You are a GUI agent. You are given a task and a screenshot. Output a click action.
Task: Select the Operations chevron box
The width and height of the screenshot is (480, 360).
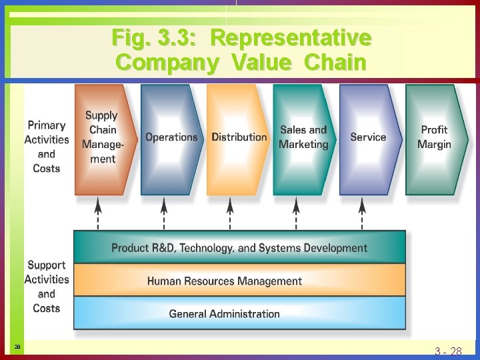[171, 138]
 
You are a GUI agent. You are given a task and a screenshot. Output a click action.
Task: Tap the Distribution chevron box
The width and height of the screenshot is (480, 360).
[238, 138]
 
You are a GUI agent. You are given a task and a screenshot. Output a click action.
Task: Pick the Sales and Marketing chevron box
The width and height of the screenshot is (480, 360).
[303, 138]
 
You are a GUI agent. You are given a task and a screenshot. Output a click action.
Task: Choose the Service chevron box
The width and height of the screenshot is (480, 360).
[368, 138]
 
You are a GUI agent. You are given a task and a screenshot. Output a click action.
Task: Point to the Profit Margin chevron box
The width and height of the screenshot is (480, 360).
[435, 138]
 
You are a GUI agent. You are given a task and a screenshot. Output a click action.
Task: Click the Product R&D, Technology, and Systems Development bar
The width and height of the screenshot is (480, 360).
[239, 248]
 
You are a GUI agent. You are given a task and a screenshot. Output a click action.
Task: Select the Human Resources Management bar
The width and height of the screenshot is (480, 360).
[239, 281]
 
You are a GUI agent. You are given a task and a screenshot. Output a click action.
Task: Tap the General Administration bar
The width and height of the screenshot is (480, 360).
[239, 313]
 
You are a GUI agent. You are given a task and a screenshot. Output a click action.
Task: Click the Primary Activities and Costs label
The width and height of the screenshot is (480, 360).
[47, 147]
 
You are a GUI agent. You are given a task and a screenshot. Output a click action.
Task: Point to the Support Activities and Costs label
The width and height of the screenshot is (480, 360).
[47, 287]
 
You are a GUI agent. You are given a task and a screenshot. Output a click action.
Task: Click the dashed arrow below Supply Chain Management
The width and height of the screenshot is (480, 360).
[98, 213]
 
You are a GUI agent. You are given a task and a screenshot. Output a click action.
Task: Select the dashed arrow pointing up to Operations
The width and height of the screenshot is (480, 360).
[165, 213]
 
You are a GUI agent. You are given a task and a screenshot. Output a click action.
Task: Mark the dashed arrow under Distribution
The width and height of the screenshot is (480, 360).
[231, 213]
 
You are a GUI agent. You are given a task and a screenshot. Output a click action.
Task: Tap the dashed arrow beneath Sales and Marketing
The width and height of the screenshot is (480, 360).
[297, 213]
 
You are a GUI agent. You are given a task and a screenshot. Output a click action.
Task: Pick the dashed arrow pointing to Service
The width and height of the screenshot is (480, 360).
[363, 213]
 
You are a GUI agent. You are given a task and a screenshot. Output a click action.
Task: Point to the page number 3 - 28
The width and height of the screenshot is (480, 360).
[448, 351]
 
